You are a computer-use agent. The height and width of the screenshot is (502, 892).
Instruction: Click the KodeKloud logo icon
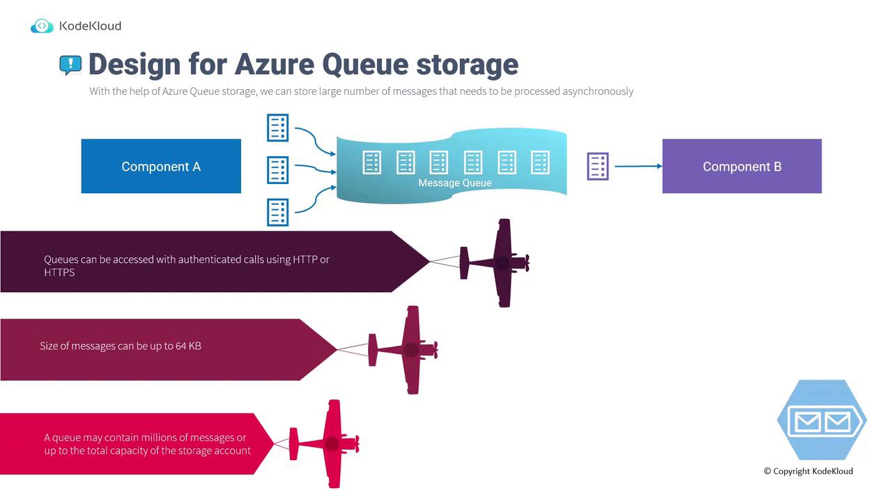[x=42, y=26]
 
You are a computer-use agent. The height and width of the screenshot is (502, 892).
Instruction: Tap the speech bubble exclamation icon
[x=70, y=65]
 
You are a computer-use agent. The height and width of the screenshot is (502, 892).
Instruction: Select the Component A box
[x=161, y=167]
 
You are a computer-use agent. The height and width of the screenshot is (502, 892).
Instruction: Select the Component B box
[x=741, y=167]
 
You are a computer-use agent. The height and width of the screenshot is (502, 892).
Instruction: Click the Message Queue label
[x=454, y=183]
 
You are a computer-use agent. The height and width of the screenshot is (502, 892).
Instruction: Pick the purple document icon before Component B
[x=598, y=167]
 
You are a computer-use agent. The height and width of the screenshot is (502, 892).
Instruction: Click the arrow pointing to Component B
[x=638, y=166]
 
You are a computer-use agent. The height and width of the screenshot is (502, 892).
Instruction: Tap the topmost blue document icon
[x=277, y=128]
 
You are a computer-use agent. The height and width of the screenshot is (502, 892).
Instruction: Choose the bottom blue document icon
[x=277, y=212]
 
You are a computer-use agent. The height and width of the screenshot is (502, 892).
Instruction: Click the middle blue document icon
[x=277, y=170]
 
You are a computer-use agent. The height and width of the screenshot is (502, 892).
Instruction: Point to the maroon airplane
[x=408, y=349]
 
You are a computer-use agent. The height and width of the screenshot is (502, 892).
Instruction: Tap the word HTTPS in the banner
[x=59, y=273]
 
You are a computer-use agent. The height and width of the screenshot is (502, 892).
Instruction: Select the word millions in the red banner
[x=162, y=438]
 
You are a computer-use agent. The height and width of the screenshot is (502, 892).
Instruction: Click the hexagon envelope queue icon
[x=822, y=420]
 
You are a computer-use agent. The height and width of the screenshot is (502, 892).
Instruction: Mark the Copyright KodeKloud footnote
[x=808, y=471]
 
